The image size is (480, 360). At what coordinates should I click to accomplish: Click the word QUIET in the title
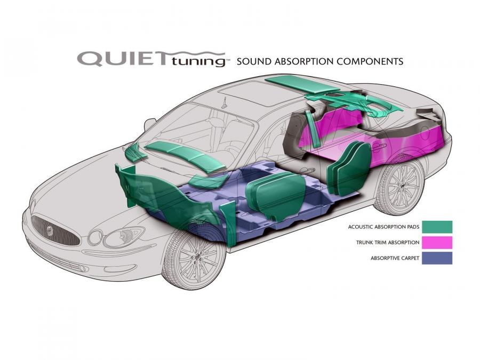point(121,59)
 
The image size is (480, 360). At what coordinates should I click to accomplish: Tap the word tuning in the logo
point(198,61)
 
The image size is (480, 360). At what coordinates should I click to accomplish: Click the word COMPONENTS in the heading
point(370,61)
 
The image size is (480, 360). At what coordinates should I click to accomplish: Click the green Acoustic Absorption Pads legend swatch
point(437,227)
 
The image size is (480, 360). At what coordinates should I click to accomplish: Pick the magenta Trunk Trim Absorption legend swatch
point(437,243)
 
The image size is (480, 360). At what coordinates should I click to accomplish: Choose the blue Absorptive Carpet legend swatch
point(437,258)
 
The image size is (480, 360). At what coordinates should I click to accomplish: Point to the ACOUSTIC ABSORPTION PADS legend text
point(383,227)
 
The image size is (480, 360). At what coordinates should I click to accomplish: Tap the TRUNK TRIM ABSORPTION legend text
point(388,243)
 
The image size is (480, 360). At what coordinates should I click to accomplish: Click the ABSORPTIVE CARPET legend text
point(395,258)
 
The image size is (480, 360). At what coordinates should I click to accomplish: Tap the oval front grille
point(54,230)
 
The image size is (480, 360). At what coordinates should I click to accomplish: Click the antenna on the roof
point(225,103)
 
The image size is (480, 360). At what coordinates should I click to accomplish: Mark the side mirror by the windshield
point(150,123)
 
